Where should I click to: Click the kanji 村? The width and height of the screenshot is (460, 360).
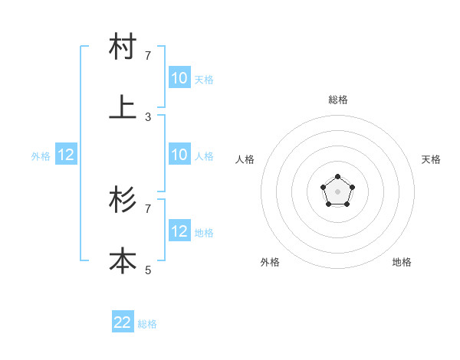point(123,47)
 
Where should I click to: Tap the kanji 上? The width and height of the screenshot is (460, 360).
point(123,108)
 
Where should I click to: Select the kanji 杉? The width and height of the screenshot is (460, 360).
point(123,201)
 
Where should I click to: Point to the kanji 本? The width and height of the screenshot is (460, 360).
point(123,261)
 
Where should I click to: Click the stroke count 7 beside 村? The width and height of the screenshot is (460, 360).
point(148,56)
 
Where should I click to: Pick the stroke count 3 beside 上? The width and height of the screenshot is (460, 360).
point(148,116)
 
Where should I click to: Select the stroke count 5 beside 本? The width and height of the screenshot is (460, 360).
point(148,270)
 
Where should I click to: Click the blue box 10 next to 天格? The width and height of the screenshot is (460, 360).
point(179,77)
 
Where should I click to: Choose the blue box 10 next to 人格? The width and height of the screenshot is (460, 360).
point(179,155)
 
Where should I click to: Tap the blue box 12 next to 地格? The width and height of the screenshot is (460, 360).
point(179,231)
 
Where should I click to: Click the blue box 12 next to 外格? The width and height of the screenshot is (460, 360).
point(66,155)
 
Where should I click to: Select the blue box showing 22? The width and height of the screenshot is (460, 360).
point(123,322)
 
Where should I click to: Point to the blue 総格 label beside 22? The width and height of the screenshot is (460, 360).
point(147,324)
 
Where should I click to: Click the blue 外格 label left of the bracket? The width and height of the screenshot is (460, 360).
point(41,156)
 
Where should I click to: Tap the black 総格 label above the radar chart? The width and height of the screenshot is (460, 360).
point(338,100)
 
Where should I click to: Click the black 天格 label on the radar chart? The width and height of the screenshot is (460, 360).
point(432,159)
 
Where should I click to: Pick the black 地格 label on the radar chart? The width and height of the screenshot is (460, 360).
point(402,262)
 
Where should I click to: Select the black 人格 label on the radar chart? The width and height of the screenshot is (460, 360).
point(245,159)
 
